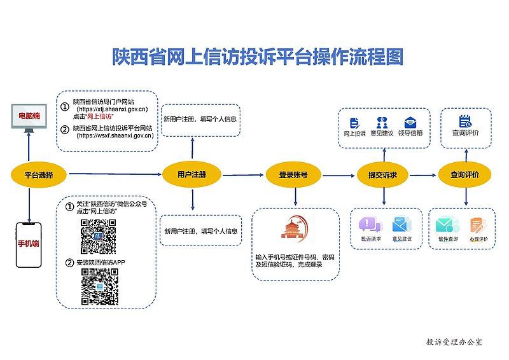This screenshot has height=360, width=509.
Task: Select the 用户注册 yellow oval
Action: click(x=191, y=174)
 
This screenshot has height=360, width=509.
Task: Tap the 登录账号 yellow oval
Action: click(x=293, y=174)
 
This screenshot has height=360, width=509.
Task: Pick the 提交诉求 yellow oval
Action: click(x=383, y=175)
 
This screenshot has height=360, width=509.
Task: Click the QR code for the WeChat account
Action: click(x=98, y=235)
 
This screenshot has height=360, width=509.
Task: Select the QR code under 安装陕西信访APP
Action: click(x=99, y=286)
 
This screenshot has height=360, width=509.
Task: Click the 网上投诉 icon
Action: click(x=354, y=123)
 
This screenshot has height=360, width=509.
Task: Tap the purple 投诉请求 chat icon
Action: click(x=370, y=225)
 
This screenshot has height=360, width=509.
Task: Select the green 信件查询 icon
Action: click(x=446, y=225)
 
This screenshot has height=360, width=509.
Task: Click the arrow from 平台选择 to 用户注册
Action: click(x=115, y=174)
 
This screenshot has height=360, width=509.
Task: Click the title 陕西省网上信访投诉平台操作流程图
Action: click(x=258, y=57)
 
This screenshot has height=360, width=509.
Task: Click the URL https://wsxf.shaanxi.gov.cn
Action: click(x=115, y=135)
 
